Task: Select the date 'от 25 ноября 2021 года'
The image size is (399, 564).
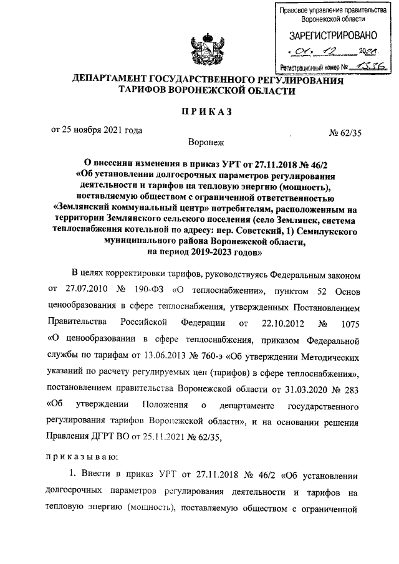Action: point(96,130)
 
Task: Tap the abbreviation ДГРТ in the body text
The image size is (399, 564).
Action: point(107,439)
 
